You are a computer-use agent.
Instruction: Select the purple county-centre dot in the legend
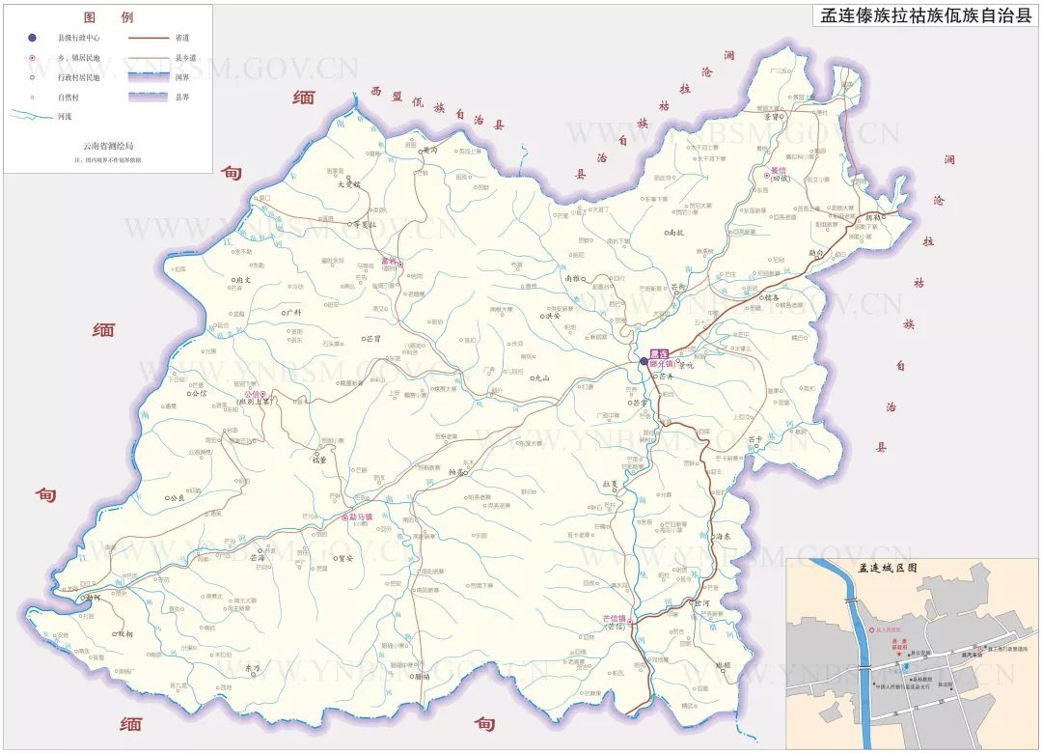pyautogui.click(x=33, y=38)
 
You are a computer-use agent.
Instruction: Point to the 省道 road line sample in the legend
pyautogui.click(x=147, y=38)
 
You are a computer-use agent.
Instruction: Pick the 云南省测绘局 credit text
pyautogui.click(x=107, y=145)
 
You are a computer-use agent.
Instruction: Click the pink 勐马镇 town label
pyautogui.click(x=369, y=516)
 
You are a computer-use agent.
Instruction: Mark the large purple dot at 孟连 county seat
pyautogui.click(x=644, y=362)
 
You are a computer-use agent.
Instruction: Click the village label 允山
pyautogui.click(x=542, y=378)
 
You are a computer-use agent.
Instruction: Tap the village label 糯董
pyautogui.click(x=319, y=460)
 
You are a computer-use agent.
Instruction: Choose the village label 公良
pyautogui.click(x=176, y=499)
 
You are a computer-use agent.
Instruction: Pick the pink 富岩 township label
pyautogui.click(x=389, y=261)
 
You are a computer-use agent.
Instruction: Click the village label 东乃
pyautogui.click(x=254, y=667)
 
